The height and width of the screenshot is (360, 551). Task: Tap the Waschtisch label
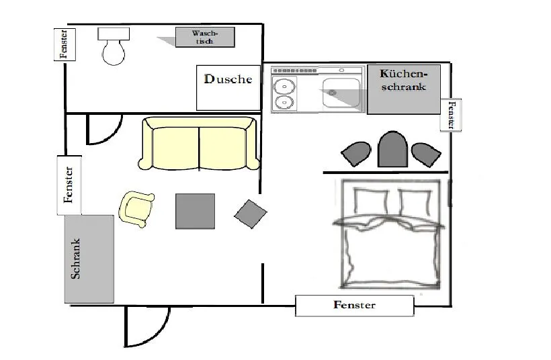tap(205, 37)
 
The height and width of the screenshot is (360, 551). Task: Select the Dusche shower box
tap(228, 87)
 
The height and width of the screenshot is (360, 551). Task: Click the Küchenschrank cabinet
tap(404, 89)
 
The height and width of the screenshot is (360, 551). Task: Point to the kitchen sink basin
tap(341, 93)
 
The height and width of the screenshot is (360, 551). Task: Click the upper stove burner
tap(284, 85)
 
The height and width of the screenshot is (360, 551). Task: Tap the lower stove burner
tap(284, 102)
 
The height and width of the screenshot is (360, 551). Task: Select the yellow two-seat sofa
tap(200, 143)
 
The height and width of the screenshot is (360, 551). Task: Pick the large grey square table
tap(195, 211)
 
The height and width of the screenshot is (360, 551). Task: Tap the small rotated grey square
tap(251, 214)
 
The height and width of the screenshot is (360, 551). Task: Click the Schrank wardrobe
tap(89, 259)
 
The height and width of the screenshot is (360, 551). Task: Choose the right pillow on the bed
tap(415, 203)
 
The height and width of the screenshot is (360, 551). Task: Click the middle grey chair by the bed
tap(392, 149)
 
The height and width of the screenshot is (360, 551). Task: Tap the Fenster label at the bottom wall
tap(354, 305)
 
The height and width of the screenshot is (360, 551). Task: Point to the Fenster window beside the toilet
tap(65, 44)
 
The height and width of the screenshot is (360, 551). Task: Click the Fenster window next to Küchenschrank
tap(451, 115)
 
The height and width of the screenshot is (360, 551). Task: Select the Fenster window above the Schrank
tap(69, 185)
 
